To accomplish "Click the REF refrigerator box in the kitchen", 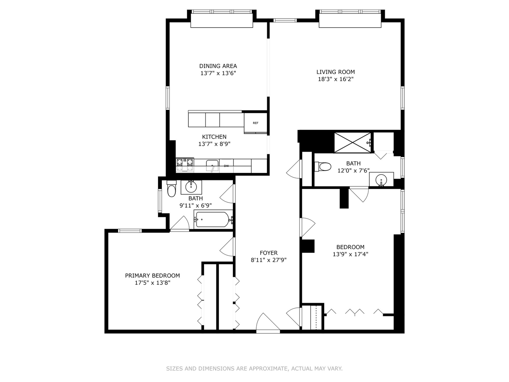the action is [x=255, y=123].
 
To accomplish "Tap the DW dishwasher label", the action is [x=226, y=166].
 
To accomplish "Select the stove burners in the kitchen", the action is [x=185, y=165].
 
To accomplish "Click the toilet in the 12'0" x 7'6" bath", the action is [x=323, y=167].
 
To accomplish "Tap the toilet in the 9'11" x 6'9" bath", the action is [x=171, y=189].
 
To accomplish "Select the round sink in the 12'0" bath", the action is [x=381, y=180].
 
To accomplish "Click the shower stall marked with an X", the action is [x=352, y=143].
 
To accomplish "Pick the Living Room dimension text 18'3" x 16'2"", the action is [x=335, y=79].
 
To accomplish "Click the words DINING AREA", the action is [x=218, y=66].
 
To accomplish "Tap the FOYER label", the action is [x=269, y=253].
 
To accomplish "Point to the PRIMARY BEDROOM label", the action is [x=152, y=276].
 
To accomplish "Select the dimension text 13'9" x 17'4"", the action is [x=350, y=254].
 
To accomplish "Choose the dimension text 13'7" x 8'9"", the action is [x=214, y=144].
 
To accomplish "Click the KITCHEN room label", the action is [x=214, y=137].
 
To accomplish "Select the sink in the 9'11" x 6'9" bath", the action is [x=191, y=187].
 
